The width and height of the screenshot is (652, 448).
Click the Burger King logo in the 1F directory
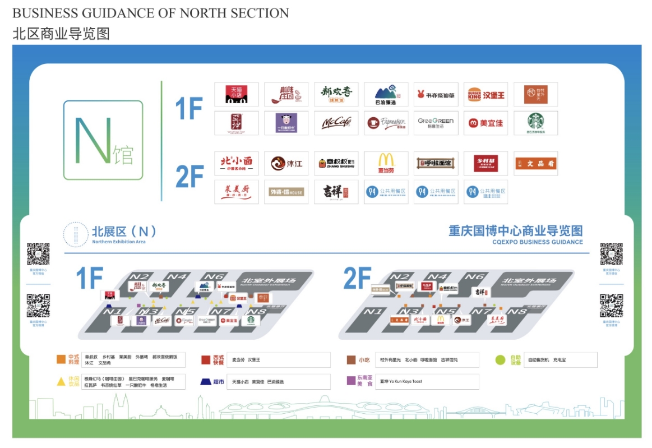tap(485, 95)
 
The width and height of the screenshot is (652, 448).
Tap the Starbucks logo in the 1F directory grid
tap(535, 122)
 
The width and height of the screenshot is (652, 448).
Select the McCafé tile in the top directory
tap(336, 123)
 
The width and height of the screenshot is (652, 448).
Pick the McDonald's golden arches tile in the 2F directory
tap(386, 163)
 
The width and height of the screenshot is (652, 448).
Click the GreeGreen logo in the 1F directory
tap(436, 122)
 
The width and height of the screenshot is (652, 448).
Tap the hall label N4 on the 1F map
tap(178, 276)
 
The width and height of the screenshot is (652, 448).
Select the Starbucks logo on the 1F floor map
tap(251, 320)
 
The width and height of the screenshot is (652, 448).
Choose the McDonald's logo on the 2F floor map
tap(441, 320)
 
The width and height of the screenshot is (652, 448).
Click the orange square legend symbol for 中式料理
tap(61, 359)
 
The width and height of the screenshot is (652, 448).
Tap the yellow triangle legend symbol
tap(61, 381)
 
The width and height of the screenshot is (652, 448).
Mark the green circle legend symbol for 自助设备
tap(500, 359)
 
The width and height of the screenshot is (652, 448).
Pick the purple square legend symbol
tap(352, 381)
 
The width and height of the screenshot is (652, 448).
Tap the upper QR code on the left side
tap(38, 254)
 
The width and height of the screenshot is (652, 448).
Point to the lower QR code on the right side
tap(611, 306)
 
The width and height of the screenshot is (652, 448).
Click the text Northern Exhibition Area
tap(119, 242)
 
